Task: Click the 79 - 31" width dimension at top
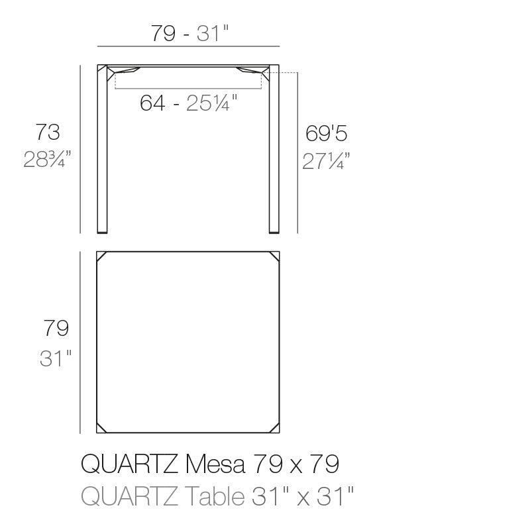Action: tap(189, 34)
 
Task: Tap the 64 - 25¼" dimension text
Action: tap(189, 103)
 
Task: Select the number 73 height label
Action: tap(48, 132)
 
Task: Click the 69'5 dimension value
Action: tap(326, 133)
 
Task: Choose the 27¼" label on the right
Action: tap(326, 161)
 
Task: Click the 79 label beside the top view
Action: tap(56, 327)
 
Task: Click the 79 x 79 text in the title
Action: tap(296, 464)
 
